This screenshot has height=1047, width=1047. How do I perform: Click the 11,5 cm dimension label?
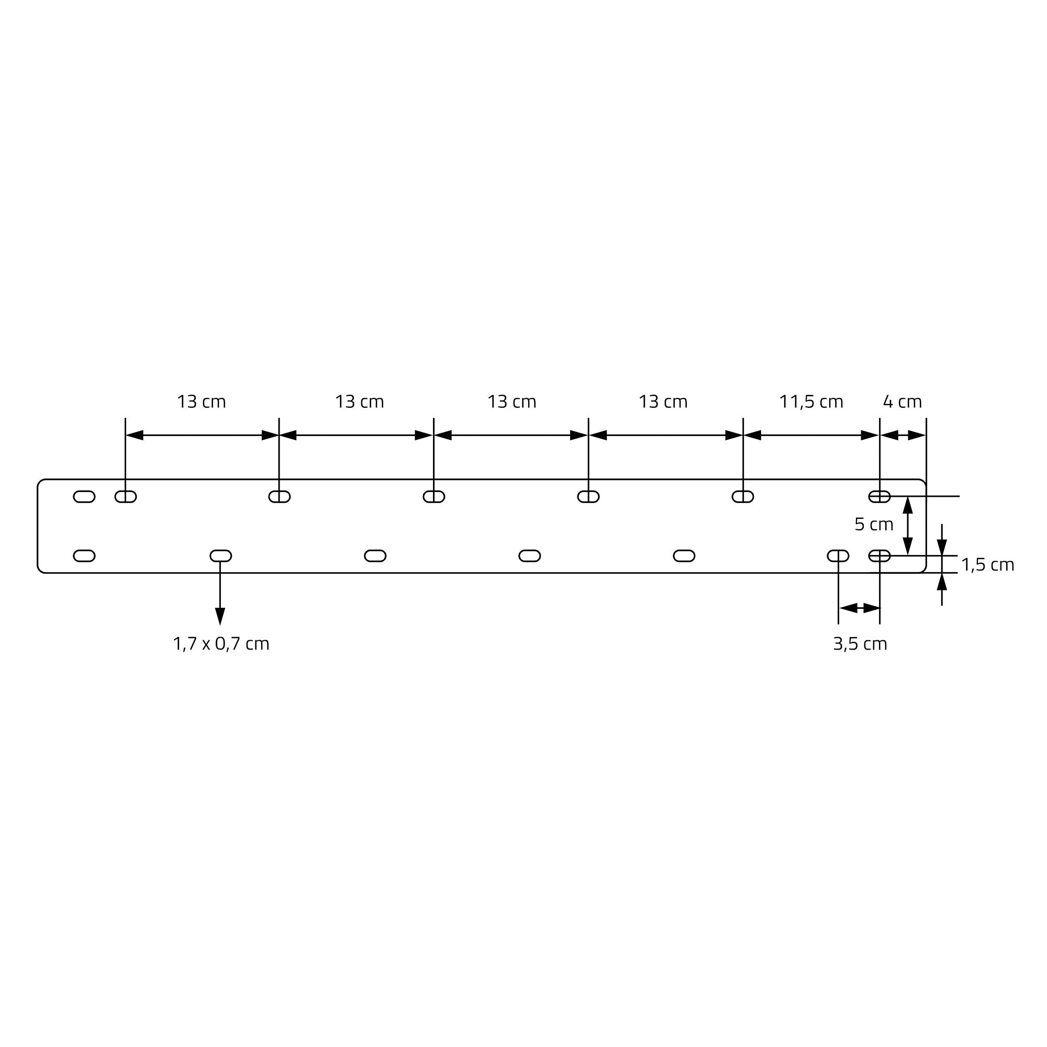(x=811, y=402)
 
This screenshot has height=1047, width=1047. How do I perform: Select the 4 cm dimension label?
(x=903, y=402)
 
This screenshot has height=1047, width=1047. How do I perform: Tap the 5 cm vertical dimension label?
(x=874, y=525)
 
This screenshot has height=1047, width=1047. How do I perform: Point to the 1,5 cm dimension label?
(x=987, y=565)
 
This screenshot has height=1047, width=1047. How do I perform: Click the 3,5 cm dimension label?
(x=860, y=644)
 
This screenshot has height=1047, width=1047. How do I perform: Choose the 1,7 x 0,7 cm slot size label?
(x=221, y=644)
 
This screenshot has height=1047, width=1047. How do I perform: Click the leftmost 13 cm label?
(x=201, y=402)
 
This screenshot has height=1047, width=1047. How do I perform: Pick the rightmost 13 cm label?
(x=663, y=402)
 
